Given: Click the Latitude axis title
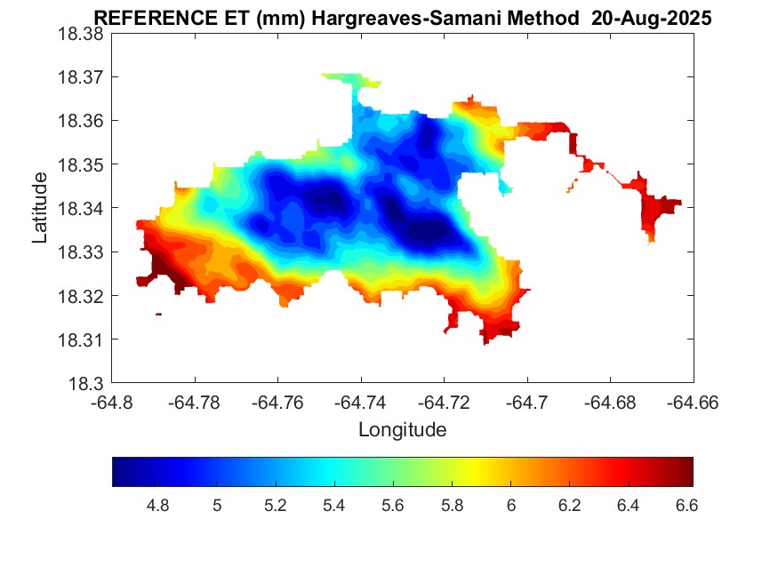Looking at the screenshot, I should point(40,208).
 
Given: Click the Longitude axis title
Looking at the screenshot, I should point(402,430).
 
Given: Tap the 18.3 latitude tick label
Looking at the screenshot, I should point(86,384).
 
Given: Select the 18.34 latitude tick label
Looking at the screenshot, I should point(81,208).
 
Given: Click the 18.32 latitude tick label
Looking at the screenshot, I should point(81,296).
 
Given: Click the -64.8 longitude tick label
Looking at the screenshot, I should point(113,403).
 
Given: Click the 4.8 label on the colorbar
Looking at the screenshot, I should point(157,506).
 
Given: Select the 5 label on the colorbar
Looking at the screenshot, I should point(216,506).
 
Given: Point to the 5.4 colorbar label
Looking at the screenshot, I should point(333,506).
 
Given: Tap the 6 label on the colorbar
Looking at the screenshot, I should point(510,506).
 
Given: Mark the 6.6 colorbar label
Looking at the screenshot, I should point(686,506).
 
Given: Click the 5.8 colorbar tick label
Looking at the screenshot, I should point(451,506).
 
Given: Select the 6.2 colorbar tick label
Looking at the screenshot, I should point(569,506).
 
